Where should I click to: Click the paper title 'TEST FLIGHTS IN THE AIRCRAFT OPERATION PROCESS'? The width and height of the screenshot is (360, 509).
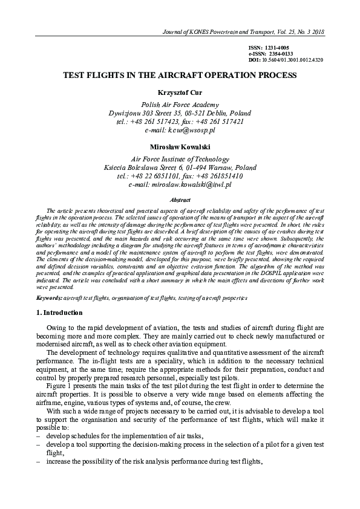180,76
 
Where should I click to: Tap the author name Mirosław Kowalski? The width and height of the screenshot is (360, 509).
180,147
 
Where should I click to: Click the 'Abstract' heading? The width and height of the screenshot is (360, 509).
180,200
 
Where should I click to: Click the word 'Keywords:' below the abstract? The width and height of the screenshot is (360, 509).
48,298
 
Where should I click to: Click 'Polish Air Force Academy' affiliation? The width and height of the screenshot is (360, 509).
180,104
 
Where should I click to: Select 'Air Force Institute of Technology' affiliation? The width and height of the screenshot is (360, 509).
180,158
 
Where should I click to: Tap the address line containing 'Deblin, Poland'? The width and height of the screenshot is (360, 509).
180,113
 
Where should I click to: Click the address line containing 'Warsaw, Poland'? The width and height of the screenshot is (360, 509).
180,167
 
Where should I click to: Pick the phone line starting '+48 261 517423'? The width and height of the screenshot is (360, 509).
180,122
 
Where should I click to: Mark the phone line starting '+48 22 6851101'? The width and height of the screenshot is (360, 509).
180,176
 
